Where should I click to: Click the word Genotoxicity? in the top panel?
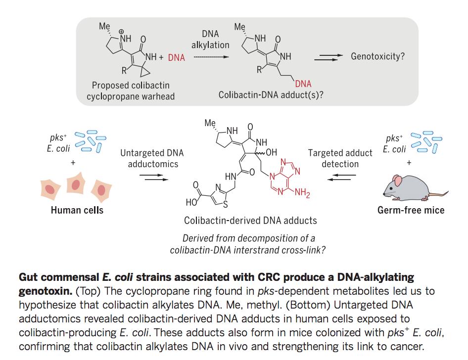tap(377, 56)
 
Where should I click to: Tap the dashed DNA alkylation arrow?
tap(211, 57)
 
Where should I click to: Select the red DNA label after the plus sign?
tap(177, 57)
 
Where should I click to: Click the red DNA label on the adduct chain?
tap(303, 84)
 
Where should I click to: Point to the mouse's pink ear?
tap(397, 180)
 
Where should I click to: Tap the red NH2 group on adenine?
tap(302, 193)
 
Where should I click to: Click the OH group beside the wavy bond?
tap(271, 152)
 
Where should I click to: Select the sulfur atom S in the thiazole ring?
tap(226, 204)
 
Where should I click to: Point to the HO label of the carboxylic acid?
tap(191, 202)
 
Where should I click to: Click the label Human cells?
tap(77, 210)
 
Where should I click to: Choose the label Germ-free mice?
tap(411, 210)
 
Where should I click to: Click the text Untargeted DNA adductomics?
tap(152, 158)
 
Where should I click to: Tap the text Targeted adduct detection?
tap(340, 158)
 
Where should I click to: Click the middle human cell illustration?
tap(76, 183)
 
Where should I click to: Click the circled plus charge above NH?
tap(122, 32)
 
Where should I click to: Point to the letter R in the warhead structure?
tap(124, 71)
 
